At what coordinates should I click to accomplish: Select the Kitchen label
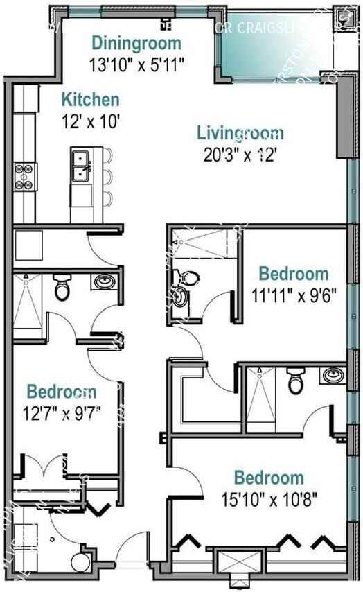[90, 100]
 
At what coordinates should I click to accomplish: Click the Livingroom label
[240, 132]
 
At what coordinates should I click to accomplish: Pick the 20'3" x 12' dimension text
[240, 155]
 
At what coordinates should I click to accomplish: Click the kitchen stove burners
[24, 175]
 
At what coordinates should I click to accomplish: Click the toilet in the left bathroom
[62, 288]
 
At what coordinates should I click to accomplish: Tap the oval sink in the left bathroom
[104, 283]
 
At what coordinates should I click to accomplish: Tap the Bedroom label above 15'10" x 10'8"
[268, 478]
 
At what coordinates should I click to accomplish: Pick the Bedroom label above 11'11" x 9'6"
[293, 272]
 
